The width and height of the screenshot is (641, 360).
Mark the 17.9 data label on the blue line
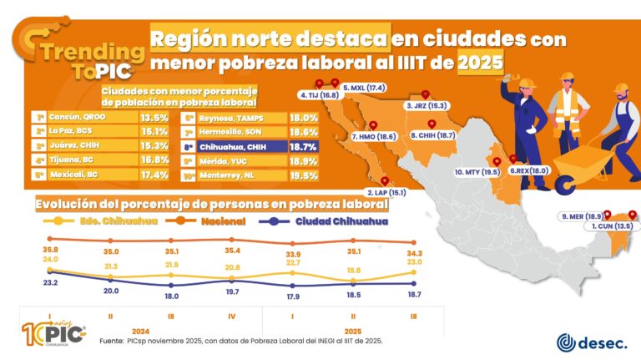point(292,297)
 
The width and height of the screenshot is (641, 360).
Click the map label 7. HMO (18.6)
point(373,136)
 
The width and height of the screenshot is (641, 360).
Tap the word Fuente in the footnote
point(112,342)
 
